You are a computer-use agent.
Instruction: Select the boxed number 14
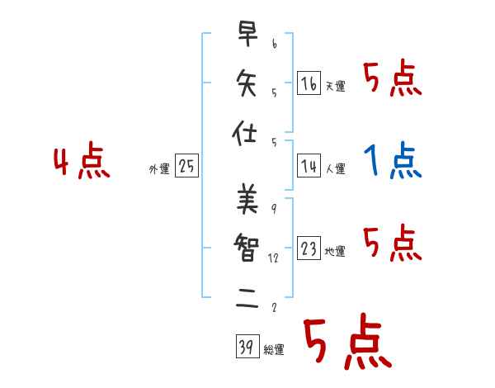[x=309, y=165]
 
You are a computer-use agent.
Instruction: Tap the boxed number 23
[x=309, y=248]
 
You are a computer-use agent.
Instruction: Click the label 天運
[x=335, y=86]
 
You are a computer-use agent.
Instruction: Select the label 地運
[x=335, y=252]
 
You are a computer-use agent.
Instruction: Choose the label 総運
[x=273, y=350]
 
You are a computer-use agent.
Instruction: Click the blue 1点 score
[x=393, y=161]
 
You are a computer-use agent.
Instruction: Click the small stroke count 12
[x=273, y=258]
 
